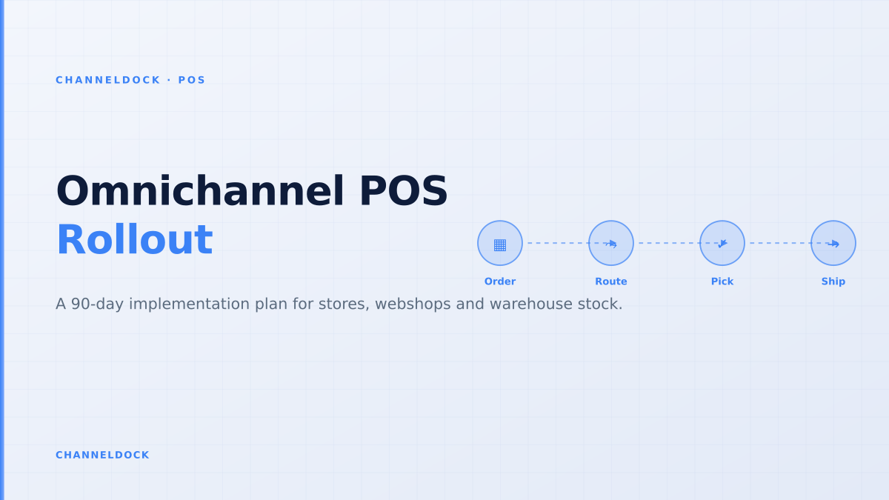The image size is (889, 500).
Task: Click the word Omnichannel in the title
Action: (200, 191)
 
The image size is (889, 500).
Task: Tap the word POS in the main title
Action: (404, 191)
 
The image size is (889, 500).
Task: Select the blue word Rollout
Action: (135, 240)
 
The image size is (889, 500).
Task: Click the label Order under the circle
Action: (500, 281)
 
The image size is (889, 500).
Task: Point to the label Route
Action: (611, 281)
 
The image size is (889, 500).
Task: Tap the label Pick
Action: (722, 281)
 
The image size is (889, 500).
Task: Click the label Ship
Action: (833, 281)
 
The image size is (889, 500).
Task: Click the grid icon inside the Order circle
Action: (500, 245)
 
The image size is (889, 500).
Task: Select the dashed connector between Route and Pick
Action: (666, 243)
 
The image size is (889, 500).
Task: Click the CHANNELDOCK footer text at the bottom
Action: (102, 455)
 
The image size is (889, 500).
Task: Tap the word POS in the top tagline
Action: (192, 80)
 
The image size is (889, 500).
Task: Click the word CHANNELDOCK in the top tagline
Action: (108, 80)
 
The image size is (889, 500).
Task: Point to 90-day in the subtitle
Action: (97, 304)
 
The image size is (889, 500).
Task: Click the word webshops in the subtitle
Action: (413, 304)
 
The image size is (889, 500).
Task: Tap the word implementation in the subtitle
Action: (190, 304)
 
